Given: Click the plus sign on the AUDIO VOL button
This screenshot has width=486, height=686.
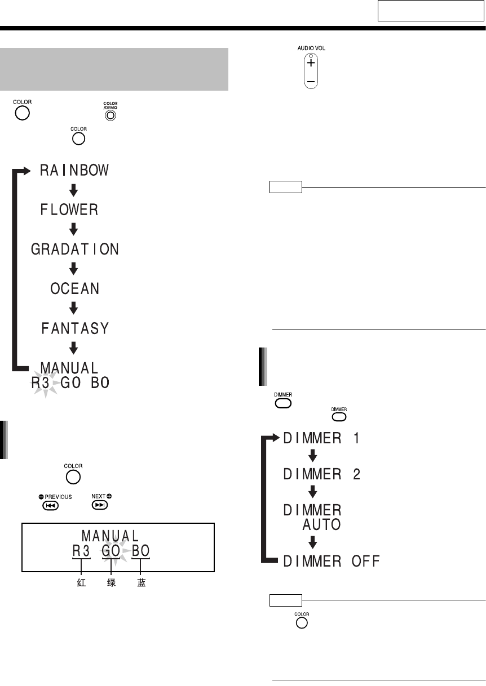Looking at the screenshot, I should click(x=311, y=64).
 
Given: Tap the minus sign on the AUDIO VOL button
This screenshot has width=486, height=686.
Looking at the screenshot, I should click(x=311, y=82).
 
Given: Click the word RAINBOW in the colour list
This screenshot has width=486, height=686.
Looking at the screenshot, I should click(x=74, y=171).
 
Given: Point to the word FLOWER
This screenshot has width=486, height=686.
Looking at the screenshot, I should click(x=69, y=210).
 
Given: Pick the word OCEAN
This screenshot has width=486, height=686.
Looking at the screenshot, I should click(x=75, y=289).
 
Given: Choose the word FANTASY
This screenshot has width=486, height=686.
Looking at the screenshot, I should click(x=75, y=328).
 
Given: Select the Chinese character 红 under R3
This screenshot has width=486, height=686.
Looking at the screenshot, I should click(x=81, y=583).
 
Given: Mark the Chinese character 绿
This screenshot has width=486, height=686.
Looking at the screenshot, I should click(x=112, y=583).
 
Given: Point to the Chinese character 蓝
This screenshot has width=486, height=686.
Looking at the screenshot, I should click(x=142, y=583).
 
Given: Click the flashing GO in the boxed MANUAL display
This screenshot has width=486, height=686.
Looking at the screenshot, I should click(x=111, y=551).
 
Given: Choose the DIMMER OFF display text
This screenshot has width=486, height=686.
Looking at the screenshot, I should click(x=332, y=561).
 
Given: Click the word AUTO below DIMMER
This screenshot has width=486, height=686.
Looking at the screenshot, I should click(x=320, y=525).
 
